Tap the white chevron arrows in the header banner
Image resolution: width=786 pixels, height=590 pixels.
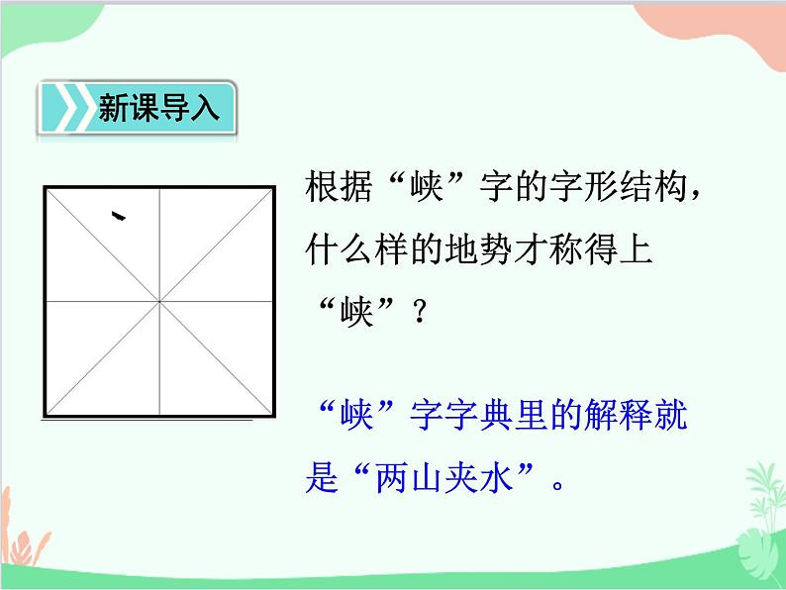click(x=65, y=109)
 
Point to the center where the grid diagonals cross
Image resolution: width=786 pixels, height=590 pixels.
click(x=158, y=300)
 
